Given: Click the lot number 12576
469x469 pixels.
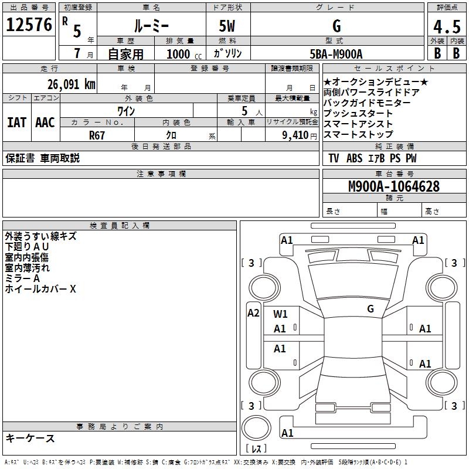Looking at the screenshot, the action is [x=29, y=25].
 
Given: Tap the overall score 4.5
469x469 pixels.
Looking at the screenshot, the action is [x=446, y=27].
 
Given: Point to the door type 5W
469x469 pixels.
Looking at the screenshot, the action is [x=228, y=27].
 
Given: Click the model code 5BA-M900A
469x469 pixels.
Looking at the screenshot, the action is [x=336, y=55].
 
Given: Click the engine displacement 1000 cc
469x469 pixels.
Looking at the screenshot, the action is [x=183, y=55].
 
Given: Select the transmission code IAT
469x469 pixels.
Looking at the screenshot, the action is [x=16, y=123].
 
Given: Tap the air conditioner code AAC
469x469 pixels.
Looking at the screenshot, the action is [x=45, y=123].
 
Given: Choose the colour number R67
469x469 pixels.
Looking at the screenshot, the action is [x=97, y=135].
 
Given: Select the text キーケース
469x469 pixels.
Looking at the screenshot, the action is [x=30, y=438].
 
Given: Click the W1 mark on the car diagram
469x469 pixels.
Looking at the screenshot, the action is [x=280, y=314].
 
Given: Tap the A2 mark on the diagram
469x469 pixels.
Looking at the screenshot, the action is [x=253, y=313].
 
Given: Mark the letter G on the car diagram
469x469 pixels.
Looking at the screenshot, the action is [x=370, y=308].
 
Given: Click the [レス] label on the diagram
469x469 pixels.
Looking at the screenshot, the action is [x=256, y=448].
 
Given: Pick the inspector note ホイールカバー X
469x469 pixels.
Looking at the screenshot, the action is [x=40, y=289].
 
